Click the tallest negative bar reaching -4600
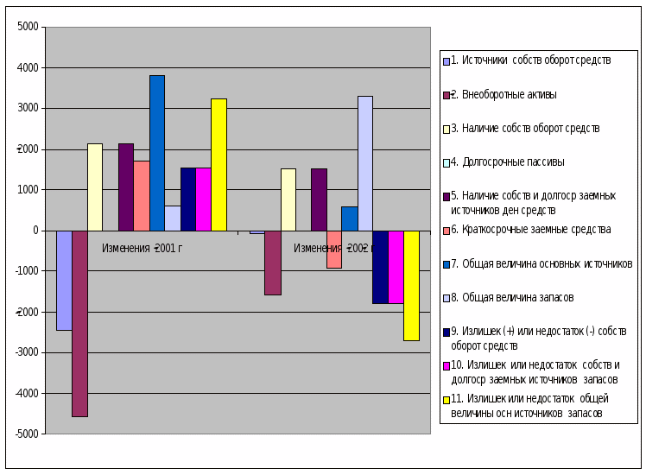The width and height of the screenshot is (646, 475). pyautogui.click(x=79, y=323)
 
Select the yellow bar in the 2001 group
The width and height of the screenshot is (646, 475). pyautogui.click(x=218, y=164)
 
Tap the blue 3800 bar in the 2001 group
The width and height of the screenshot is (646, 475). pyautogui.click(x=156, y=152)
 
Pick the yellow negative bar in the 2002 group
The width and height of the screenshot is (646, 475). pyautogui.click(x=411, y=285)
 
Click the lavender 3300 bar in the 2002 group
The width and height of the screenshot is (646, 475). pyautogui.click(x=365, y=162)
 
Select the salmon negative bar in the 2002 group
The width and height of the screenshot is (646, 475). pyautogui.click(x=334, y=249)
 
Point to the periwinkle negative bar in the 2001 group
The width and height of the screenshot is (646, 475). pyautogui.click(x=64, y=280)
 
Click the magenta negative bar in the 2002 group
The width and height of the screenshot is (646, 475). pyautogui.click(x=396, y=267)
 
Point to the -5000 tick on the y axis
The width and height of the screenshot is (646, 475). pyautogui.click(x=26, y=434)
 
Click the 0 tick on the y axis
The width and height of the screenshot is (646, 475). pyautogui.click(x=35, y=231)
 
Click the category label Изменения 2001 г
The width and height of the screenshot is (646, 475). pyautogui.click(x=142, y=249)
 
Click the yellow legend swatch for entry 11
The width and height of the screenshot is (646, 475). pyautogui.click(x=446, y=399)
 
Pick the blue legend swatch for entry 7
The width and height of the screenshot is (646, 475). pyautogui.click(x=446, y=263)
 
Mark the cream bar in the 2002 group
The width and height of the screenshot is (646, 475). pyautogui.click(x=288, y=199)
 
